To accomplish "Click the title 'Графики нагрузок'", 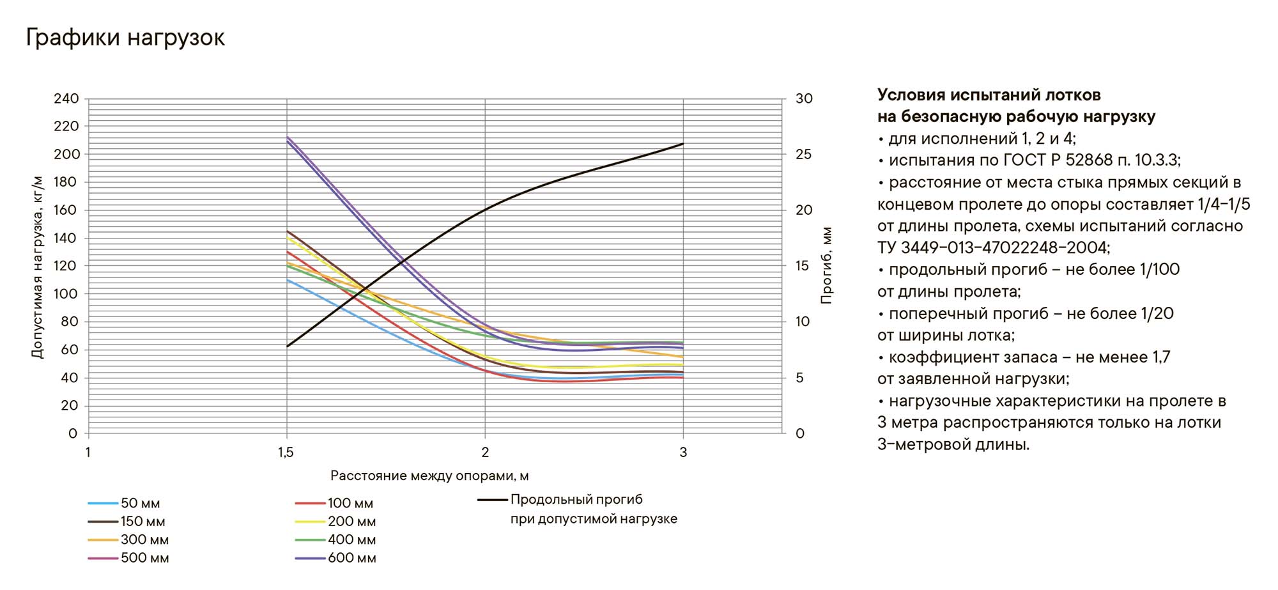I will pos(125,38).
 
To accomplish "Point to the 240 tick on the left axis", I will pos(66,99).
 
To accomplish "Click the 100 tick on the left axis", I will pos(66,294).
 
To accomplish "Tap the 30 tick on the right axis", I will pos(804,99).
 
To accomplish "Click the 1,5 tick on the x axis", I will pos(286,453).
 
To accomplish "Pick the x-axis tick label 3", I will pos(683,453).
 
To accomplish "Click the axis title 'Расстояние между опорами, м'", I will pos(429,476).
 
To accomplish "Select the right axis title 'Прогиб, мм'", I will pos(827,266).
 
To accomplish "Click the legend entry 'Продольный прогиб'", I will pos(576,500).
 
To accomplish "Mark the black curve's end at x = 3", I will pos(683,144).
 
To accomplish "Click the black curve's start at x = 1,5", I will pos(287,346).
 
